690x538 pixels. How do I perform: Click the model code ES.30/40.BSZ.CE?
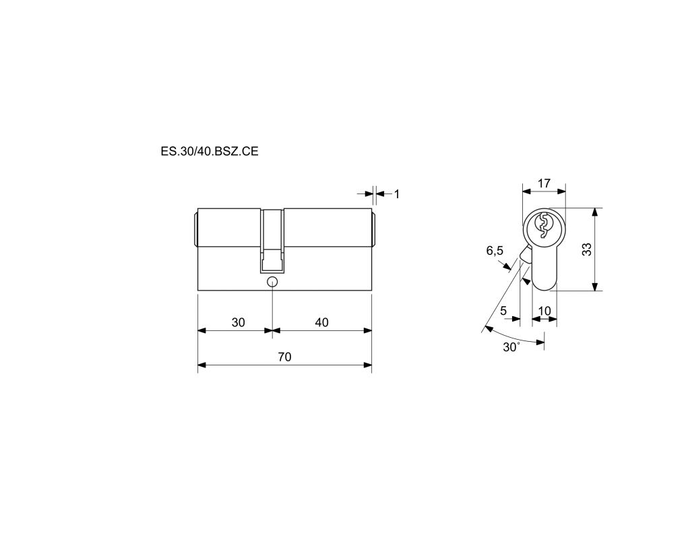210,152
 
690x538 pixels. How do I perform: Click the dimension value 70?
285,357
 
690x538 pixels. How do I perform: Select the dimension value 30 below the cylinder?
238,322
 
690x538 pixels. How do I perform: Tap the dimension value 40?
321,322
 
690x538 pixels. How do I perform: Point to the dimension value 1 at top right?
397,193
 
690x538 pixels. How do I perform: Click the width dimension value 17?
544,183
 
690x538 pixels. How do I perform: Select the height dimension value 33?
587,249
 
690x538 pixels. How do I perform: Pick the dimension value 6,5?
495,251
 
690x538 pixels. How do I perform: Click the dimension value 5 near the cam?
503,311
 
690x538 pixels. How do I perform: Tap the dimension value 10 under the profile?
544,311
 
